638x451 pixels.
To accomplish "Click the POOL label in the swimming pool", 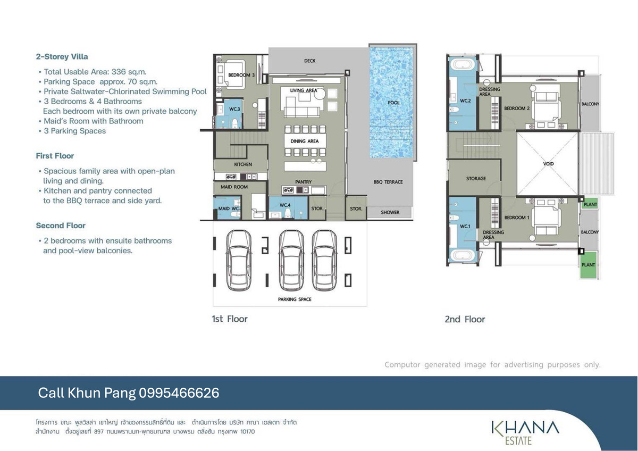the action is pyautogui.click(x=393, y=103).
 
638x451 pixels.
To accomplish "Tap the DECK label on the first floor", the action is pyautogui.click(x=309, y=61).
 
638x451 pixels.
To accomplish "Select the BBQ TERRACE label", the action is pyautogui.click(x=388, y=182).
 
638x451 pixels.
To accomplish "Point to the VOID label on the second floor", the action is pyautogui.click(x=548, y=164).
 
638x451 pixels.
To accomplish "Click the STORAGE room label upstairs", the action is pyautogui.click(x=476, y=179).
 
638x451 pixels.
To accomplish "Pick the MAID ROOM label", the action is pyautogui.click(x=234, y=187).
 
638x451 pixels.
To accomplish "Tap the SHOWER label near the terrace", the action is pyautogui.click(x=390, y=212).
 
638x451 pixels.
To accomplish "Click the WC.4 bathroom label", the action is pyautogui.click(x=285, y=205).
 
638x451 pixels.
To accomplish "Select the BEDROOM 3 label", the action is pyautogui.click(x=241, y=75).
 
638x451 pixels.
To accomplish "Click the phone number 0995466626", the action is pyautogui.click(x=179, y=393).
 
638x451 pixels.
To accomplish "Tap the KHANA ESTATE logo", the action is pyautogui.click(x=525, y=432).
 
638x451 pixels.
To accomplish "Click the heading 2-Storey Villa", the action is pyautogui.click(x=62, y=57).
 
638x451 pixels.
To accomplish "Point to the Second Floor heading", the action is pyautogui.click(x=61, y=225).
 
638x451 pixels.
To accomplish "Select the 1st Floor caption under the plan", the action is pyautogui.click(x=230, y=319).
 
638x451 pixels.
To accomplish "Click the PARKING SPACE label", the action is pyautogui.click(x=295, y=299).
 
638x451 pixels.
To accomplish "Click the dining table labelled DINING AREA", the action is pyautogui.click(x=305, y=141).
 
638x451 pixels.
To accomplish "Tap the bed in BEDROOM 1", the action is pyautogui.click(x=545, y=218).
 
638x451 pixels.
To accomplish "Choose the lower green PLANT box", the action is pyautogui.click(x=588, y=265).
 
